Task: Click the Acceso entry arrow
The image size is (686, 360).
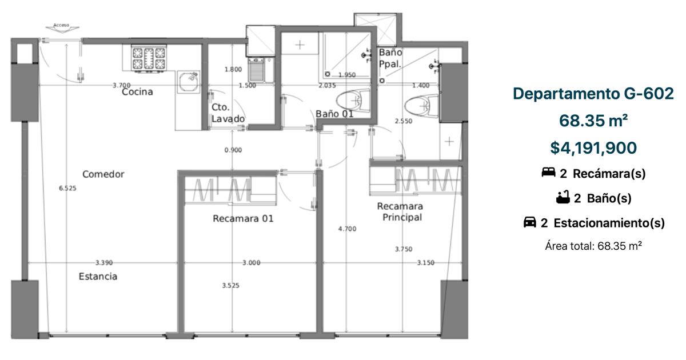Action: coord(62,28)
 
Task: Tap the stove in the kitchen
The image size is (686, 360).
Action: coord(149,59)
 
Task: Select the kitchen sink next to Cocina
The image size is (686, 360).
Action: coord(188,82)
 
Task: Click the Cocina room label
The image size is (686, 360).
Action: coord(137,92)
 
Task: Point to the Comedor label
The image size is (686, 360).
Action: coord(103,174)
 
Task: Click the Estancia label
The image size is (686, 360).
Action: coord(98,277)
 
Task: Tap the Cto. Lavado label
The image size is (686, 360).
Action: coord(228,113)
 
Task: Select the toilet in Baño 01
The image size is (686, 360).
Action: coord(353,101)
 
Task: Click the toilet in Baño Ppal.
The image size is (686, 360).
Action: coord(421,106)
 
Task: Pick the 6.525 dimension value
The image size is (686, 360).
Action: coord(67,188)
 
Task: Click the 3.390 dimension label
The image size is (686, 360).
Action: coord(104,263)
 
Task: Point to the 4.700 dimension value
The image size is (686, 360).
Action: coord(348,229)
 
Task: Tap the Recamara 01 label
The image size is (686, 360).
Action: coord(243,218)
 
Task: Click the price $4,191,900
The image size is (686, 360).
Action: coord(593,148)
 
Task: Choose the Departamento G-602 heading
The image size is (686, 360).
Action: coord(593,93)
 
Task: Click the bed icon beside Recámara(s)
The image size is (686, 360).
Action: coord(548,172)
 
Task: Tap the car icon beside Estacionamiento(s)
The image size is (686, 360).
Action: coord(530,222)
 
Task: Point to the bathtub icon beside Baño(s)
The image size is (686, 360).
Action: coord(563,197)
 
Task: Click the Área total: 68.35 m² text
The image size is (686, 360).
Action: coord(593,246)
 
